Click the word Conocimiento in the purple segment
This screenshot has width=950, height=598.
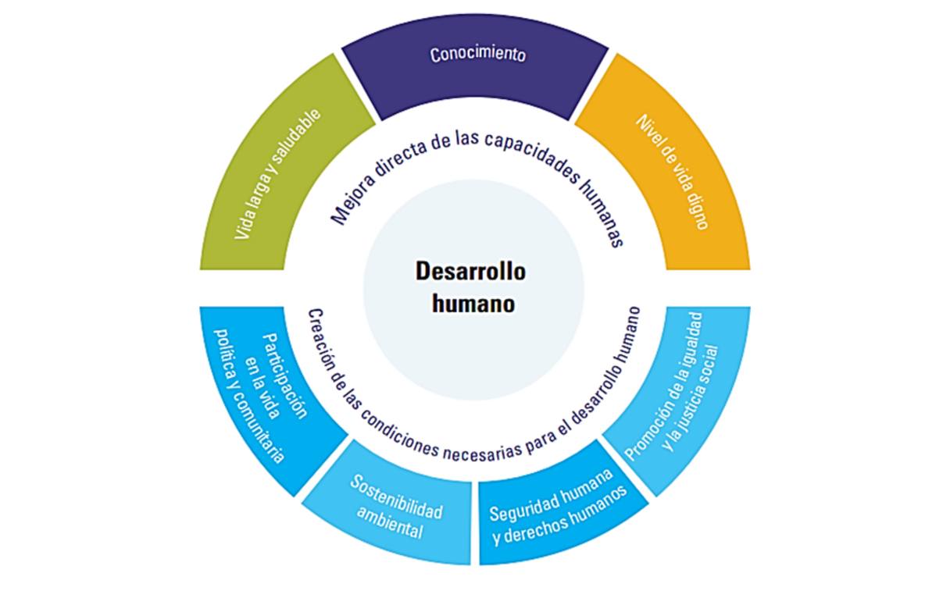point(477,55)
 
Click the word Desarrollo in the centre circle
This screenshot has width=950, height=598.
point(470,272)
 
